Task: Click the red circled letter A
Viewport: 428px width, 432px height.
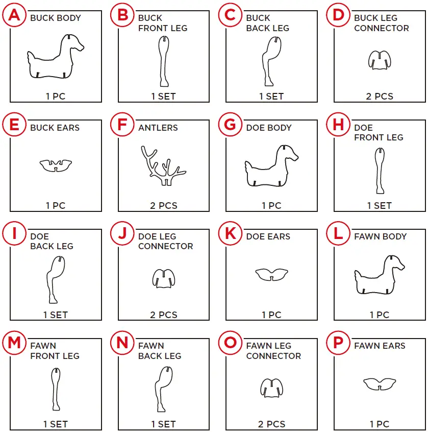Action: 14,15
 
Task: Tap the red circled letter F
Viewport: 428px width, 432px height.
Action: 122,124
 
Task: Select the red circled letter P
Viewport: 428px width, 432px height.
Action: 338,343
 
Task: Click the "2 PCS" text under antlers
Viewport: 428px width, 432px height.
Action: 164,205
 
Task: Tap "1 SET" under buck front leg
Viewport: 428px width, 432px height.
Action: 163,97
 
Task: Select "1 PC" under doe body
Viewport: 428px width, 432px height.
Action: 271,205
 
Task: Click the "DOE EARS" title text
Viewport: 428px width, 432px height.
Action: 268,236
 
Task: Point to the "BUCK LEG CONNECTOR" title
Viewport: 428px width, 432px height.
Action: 382,23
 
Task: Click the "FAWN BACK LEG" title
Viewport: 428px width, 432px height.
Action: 160,351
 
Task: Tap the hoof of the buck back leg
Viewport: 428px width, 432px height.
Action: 269,83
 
